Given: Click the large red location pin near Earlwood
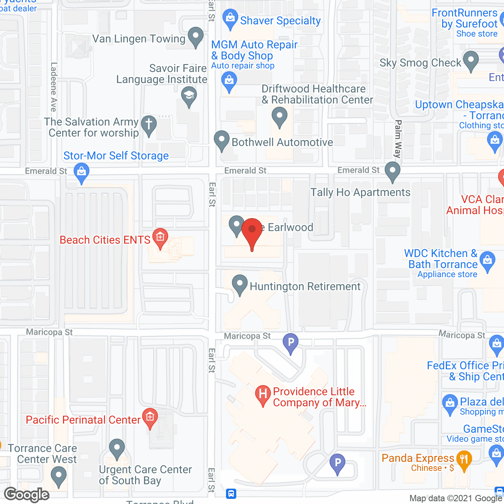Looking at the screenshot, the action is point(252,231).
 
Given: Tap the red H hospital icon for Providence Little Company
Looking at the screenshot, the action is point(263,393).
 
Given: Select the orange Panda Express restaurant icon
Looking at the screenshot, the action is point(464,459).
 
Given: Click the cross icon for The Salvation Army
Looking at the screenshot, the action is point(149,124).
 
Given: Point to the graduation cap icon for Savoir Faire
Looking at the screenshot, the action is point(189,95).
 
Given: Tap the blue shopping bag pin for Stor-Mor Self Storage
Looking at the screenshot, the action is point(82,172).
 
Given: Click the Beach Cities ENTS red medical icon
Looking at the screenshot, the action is point(160,237).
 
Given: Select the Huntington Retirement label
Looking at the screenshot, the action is point(305,286).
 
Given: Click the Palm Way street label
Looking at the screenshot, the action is point(398,139).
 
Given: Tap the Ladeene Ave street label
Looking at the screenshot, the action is point(54,87).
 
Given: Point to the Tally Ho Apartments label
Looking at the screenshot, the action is point(360,192).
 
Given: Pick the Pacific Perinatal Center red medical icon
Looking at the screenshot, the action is point(150,417).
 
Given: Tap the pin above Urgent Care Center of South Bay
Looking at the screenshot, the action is point(117,448).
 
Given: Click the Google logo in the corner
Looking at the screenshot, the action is point(27,495).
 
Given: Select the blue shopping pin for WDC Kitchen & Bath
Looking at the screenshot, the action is point(487,260).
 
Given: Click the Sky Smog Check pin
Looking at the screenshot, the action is point(471,61).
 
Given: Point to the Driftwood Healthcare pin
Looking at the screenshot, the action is point(280,117).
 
